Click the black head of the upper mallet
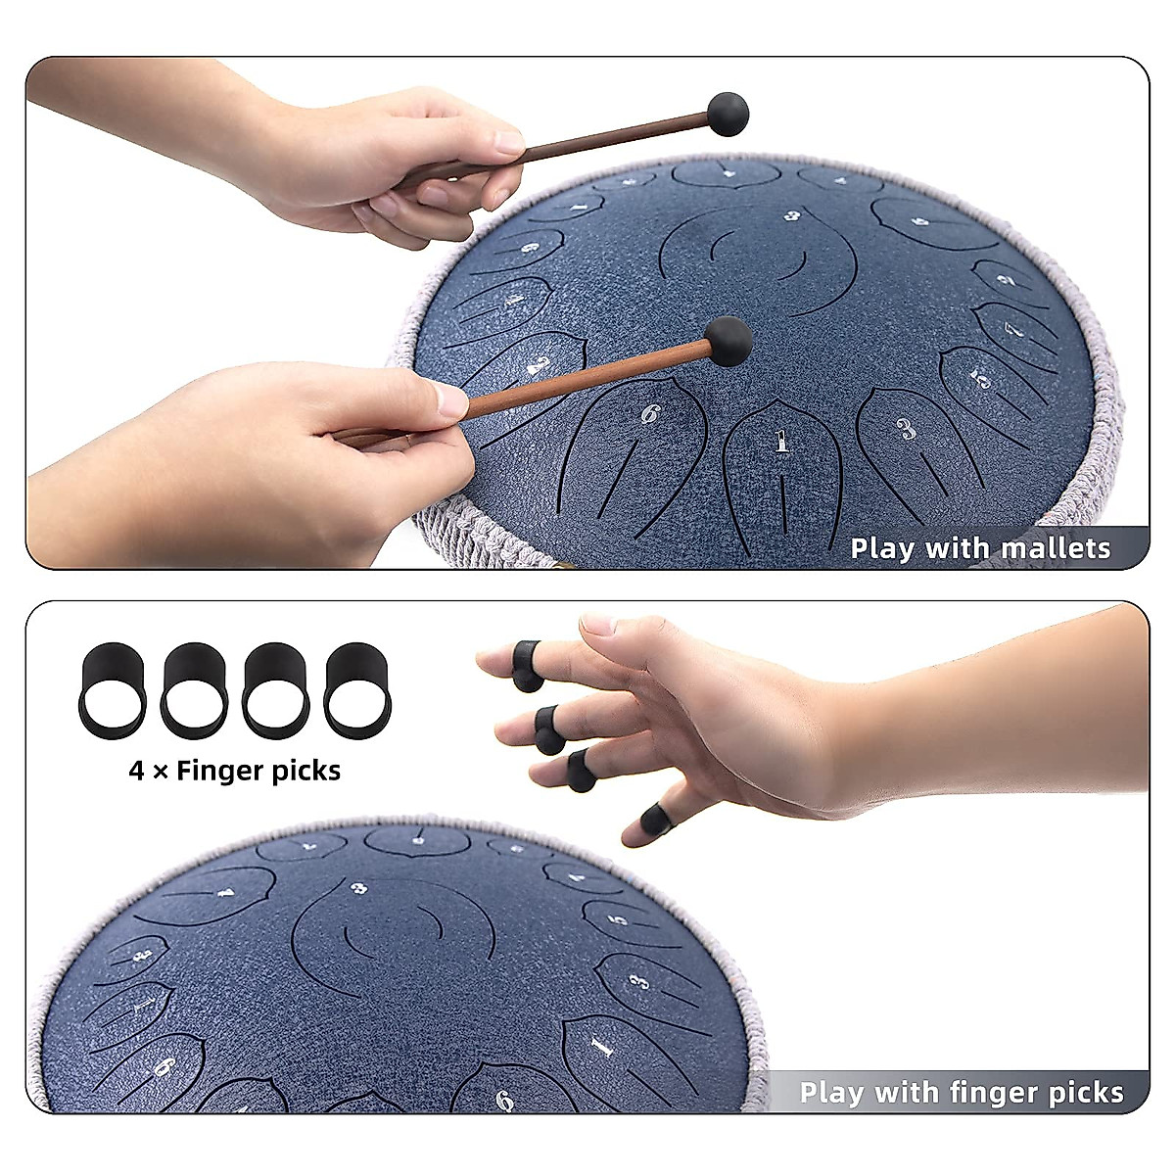click(728, 114)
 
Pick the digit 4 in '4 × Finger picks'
click(137, 771)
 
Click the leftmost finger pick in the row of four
click(112, 689)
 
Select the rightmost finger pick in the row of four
click(358, 689)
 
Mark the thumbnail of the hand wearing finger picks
click(599, 624)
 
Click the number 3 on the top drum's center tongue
click(792, 215)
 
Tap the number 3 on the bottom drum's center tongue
click(359, 888)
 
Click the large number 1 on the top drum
click(781, 443)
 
